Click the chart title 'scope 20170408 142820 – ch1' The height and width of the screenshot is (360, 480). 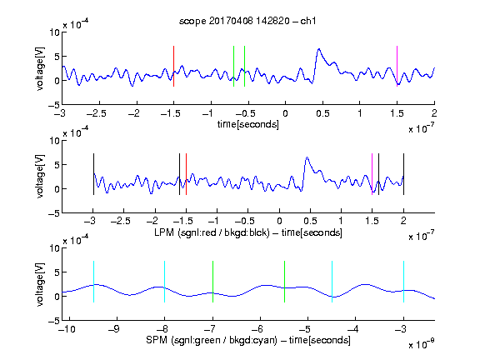pyautogui.click(x=247, y=21)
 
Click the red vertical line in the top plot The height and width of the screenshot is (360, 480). pyautogui.click(x=173, y=66)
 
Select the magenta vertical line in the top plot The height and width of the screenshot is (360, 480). pyautogui.click(x=397, y=66)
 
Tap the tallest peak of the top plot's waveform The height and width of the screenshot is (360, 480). pyautogui.click(x=319, y=49)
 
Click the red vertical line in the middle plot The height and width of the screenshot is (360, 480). pyautogui.click(x=186, y=174)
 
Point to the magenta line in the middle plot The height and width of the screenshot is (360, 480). pyautogui.click(x=372, y=174)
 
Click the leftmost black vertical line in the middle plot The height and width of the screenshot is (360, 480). pyautogui.click(x=93, y=174)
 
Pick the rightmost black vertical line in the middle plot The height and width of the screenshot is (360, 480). pyautogui.click(x=403, y=174)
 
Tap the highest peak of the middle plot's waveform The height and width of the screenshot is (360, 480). pyautogui.click(x=307, y=157)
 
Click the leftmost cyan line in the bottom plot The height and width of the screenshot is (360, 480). pyautogui.click(x=93, y=282)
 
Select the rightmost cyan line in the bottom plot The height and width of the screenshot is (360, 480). pyautogui.click(x=403, y=282)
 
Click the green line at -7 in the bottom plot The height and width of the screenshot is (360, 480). pyautogui.click(x=212, y=282)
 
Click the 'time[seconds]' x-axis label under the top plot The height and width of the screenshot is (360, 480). pyautogui.click(x=248, y=124)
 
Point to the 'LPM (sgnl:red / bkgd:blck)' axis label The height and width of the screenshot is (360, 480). pyautogui.click(x=212, y=232)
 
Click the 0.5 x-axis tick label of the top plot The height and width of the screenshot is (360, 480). pyautogui.click(x=322, y=113)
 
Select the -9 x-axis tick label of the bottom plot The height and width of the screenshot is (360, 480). pyautogui.click(x=114, y=329)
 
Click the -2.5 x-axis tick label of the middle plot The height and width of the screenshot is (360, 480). pyautogui.click(x=121, y=221)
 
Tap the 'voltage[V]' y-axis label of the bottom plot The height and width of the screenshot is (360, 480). pyautogui.click(x=40, y=284)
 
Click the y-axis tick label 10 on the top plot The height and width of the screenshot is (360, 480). pyautogui.click(x=55, y=32)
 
